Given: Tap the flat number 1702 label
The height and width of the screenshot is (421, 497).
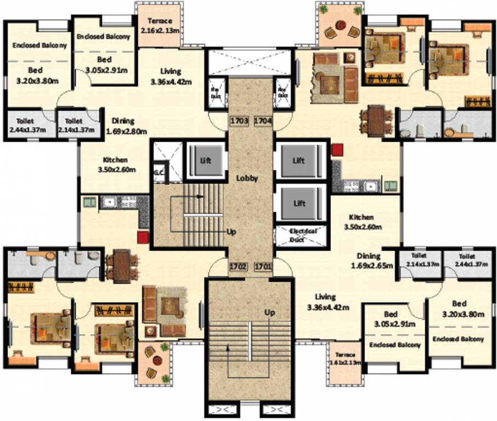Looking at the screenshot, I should point(239,267).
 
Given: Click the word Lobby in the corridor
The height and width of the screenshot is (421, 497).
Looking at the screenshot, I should point(247,178).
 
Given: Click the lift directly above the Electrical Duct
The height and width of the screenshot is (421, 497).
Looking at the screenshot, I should point(299,203).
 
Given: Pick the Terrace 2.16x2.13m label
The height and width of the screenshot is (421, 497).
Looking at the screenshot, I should point(160,25).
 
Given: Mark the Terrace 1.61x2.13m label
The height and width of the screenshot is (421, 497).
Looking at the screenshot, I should point(345,359).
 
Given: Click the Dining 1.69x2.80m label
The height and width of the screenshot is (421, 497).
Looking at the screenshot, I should point(123,126).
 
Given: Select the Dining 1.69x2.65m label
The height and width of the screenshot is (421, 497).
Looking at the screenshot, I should point(368,261).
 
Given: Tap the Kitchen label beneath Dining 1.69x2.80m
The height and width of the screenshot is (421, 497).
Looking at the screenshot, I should point(115,164).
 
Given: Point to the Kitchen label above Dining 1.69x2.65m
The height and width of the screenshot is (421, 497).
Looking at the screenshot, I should point(361,221).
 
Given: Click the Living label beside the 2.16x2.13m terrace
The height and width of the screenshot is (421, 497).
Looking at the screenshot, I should point(171,77).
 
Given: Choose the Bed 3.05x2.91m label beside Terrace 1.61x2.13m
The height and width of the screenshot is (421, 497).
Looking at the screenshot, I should point(391,319).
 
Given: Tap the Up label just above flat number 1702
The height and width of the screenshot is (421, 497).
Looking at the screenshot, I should point(231,232).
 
